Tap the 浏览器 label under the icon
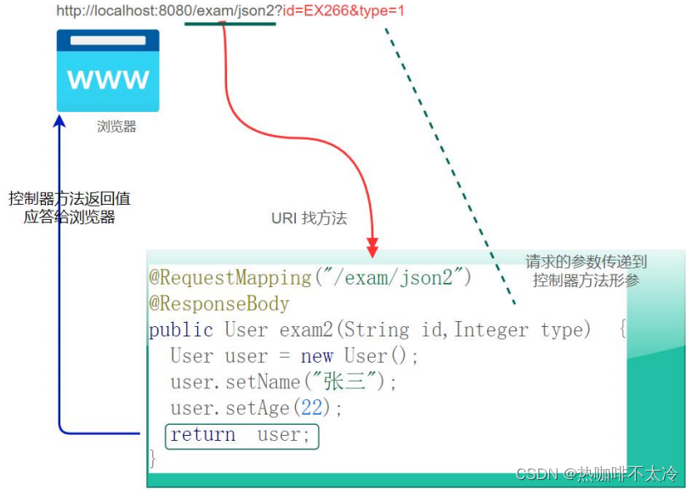click(x=116, y=127)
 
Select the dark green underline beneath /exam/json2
click(x=230, y=23)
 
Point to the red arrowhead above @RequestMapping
click(x=372, y=249)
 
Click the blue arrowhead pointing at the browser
click(x=59, y=122)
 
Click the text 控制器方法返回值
click(x=70, y=198)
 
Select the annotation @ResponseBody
click(x=219, y=304)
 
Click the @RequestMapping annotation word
click(x=230, y=278)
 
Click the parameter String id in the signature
click(x=391, y=330)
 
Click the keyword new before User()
click(x=316, y=355)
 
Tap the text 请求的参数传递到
click(x=586, y=262)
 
